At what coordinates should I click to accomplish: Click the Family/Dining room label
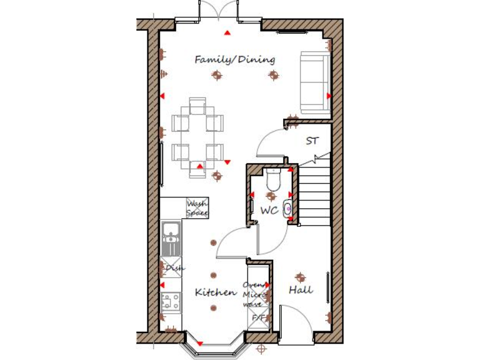click(x=234, y=60)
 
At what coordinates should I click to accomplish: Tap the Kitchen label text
click(x=216, y=292)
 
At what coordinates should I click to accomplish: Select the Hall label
click(x=301, y=291)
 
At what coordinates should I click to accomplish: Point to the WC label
click(x=269, y=211)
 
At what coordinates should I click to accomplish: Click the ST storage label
click(x=312, y=141)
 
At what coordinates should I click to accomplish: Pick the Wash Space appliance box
click(x=197, y=208)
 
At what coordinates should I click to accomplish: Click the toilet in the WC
click(x=273, y=179)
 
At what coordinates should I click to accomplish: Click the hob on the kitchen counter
click(x=170, y=303)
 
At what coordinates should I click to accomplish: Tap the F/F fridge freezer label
click(x=257, y=318)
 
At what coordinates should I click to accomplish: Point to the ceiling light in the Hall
click(x=301, y=276)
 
